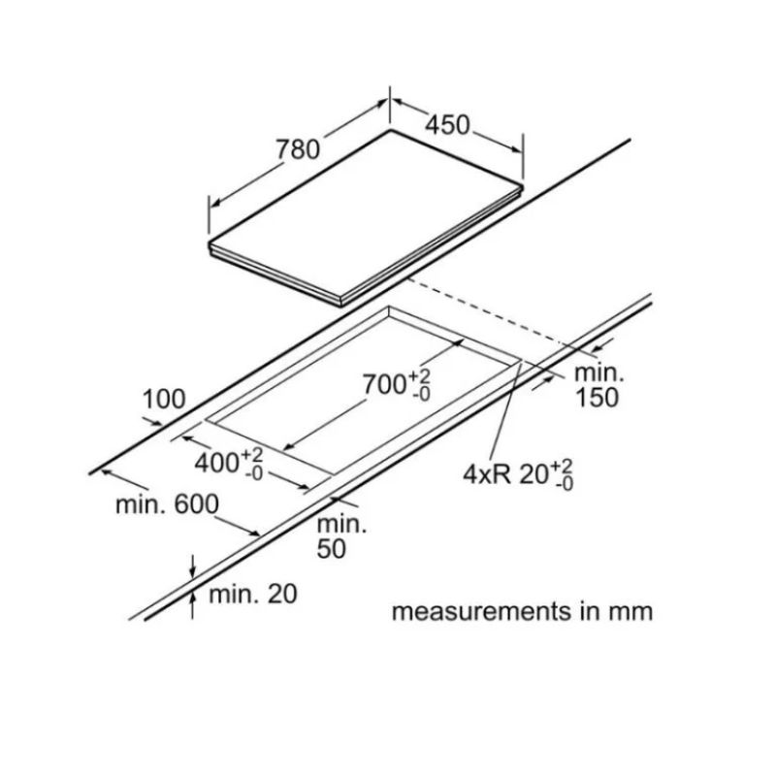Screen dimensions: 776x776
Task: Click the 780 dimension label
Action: pyautogui.click(x=298, y=149)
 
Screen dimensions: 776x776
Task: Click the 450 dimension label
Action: pyautogui.click(x=448, y=125)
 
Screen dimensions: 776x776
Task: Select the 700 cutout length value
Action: pyautogui.click(x=384, y=384)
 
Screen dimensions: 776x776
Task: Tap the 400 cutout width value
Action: pyautogui.click(x=216, y=464)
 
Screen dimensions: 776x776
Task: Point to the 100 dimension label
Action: pyautogui.click(x=164, y=399)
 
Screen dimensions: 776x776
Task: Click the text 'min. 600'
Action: pyautogui.click(x=167, y=504)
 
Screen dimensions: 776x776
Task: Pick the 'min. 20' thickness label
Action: pyautogui.click(x=253, y=594)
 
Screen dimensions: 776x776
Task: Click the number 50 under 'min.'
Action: pyautogui.click(x=331, y=548)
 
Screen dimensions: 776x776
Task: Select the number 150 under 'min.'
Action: pyautogui.click(x=597, y=398)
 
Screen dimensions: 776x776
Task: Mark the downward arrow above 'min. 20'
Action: pyautogui.click(x=193, y=566)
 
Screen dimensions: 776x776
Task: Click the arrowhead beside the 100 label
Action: pyautogui.click(x=156, y=423)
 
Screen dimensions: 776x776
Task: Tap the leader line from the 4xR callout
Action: pyautogui.click(x=504, y=411)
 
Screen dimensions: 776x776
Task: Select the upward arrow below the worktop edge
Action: pyautogui.click(x=193, y=604)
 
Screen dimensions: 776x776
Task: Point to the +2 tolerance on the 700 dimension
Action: pyautogui.click(x=419, y=375)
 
